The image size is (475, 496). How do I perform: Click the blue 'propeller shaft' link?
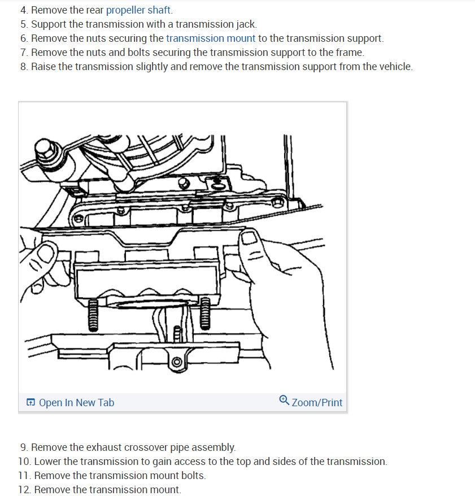tap(139, 10)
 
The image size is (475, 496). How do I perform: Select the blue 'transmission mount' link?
tap(211, 38)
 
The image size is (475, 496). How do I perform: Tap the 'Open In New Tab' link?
tap(76, 403)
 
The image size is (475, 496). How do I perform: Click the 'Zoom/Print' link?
tap(317, 403)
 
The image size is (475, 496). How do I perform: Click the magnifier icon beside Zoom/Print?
tap(284, 401)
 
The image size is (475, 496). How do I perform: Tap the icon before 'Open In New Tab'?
tap(30, 403)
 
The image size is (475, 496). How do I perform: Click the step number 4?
tap(24, 10)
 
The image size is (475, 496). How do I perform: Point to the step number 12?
tap(24, 490)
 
